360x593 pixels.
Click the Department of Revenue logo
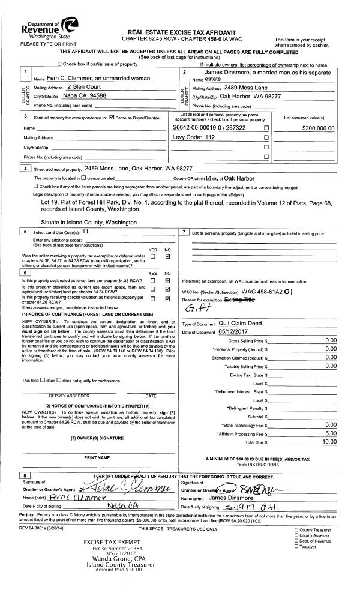pos(43,28)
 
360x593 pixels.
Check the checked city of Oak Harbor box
pos(209,179)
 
